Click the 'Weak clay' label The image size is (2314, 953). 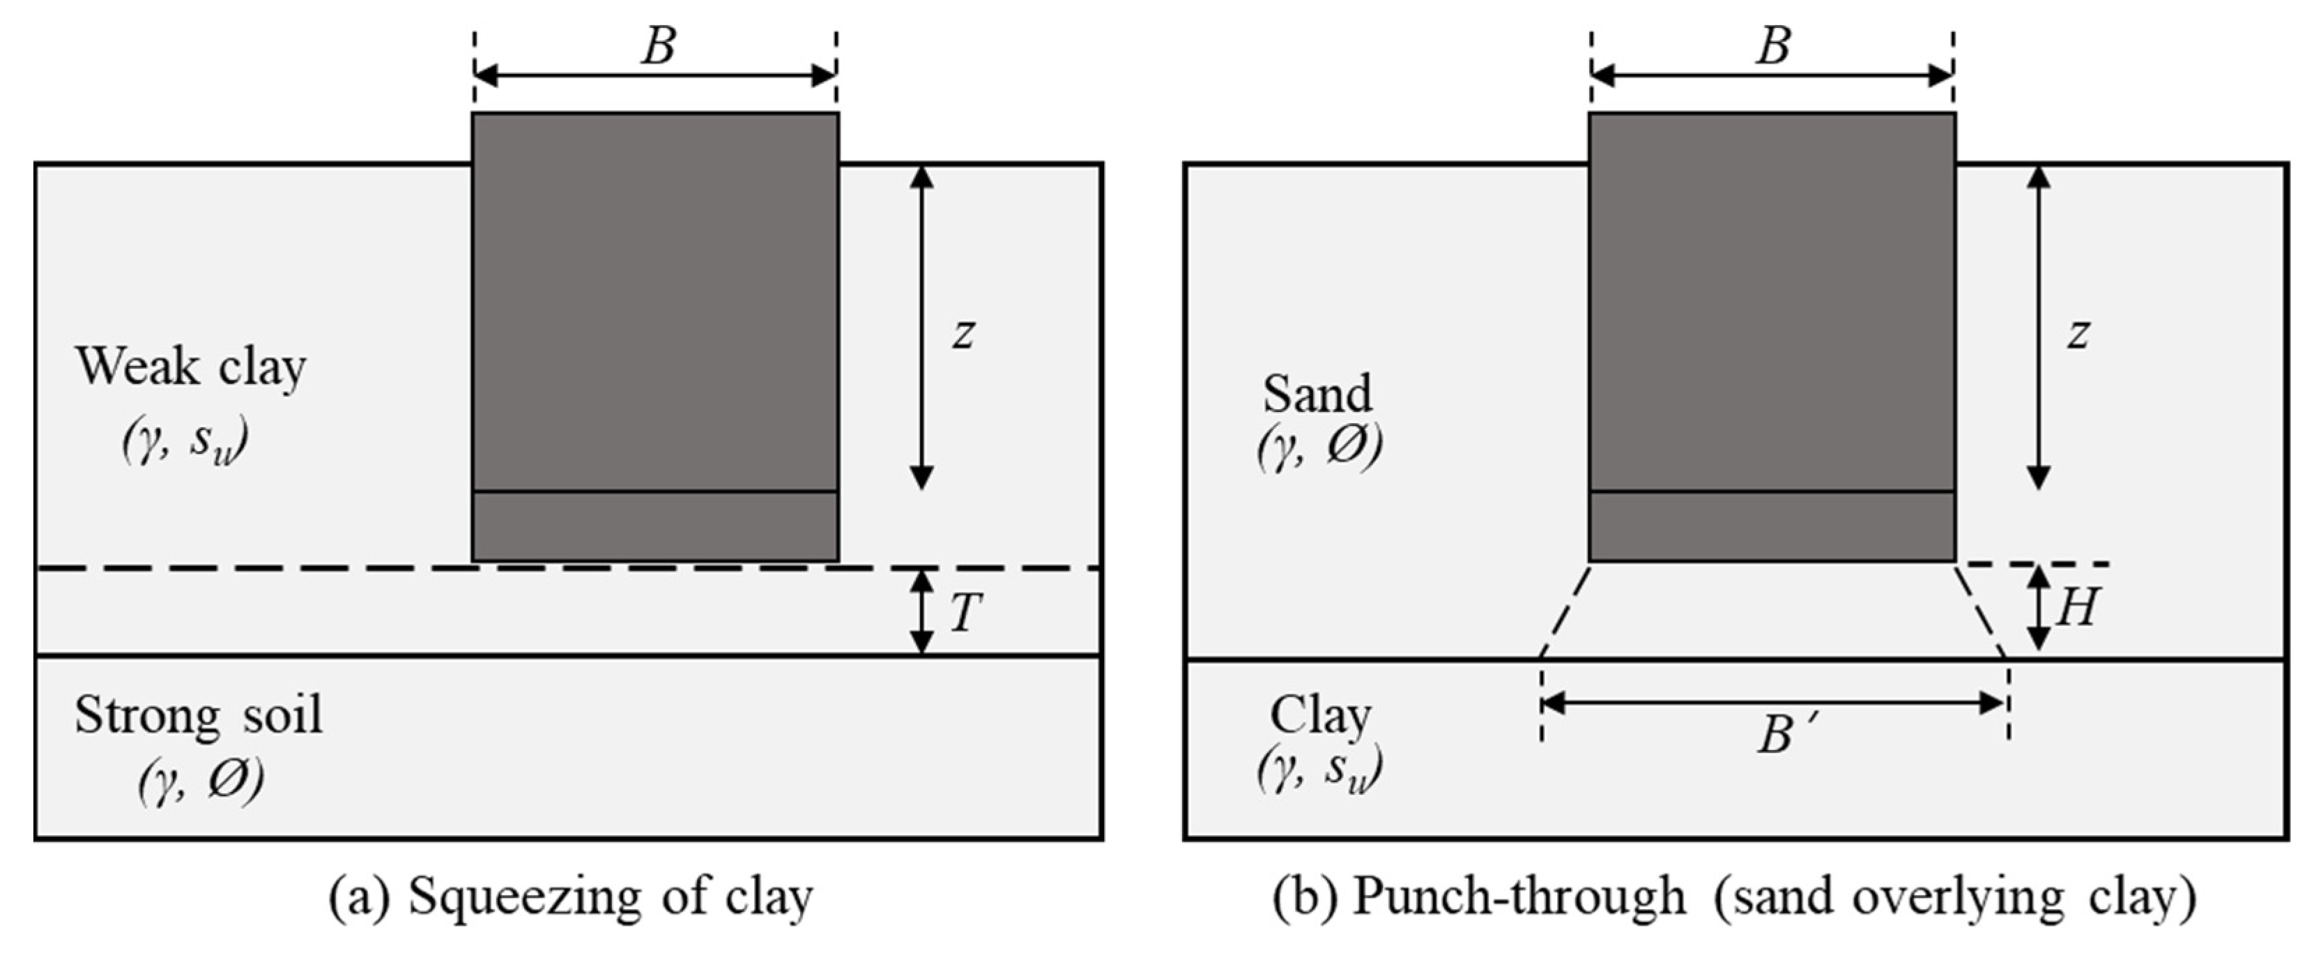tap(190, 367)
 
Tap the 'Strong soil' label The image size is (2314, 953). tap(198, 716)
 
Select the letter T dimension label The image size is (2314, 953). tap(964, 613)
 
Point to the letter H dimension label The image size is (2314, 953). tap(2076, 607)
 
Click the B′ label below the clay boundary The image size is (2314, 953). tap(1782, 735)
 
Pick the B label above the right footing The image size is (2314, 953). tap(1773, 47)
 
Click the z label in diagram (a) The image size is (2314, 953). tap(964, 334)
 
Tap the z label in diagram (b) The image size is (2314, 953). tap(2077, 334)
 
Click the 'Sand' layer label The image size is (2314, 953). tap(1318, 393)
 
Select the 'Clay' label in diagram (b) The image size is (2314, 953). tap(1321, 716)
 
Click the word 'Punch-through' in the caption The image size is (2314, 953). tap(1519, 897)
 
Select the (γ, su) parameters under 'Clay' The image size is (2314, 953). tap(1319, 770)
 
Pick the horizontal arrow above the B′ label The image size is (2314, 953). tap(1774, 703)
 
